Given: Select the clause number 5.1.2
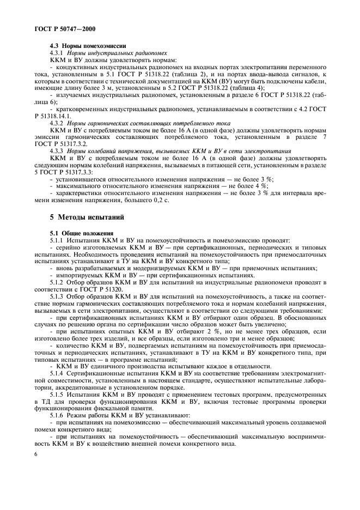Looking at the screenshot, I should [x=58, y=282].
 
